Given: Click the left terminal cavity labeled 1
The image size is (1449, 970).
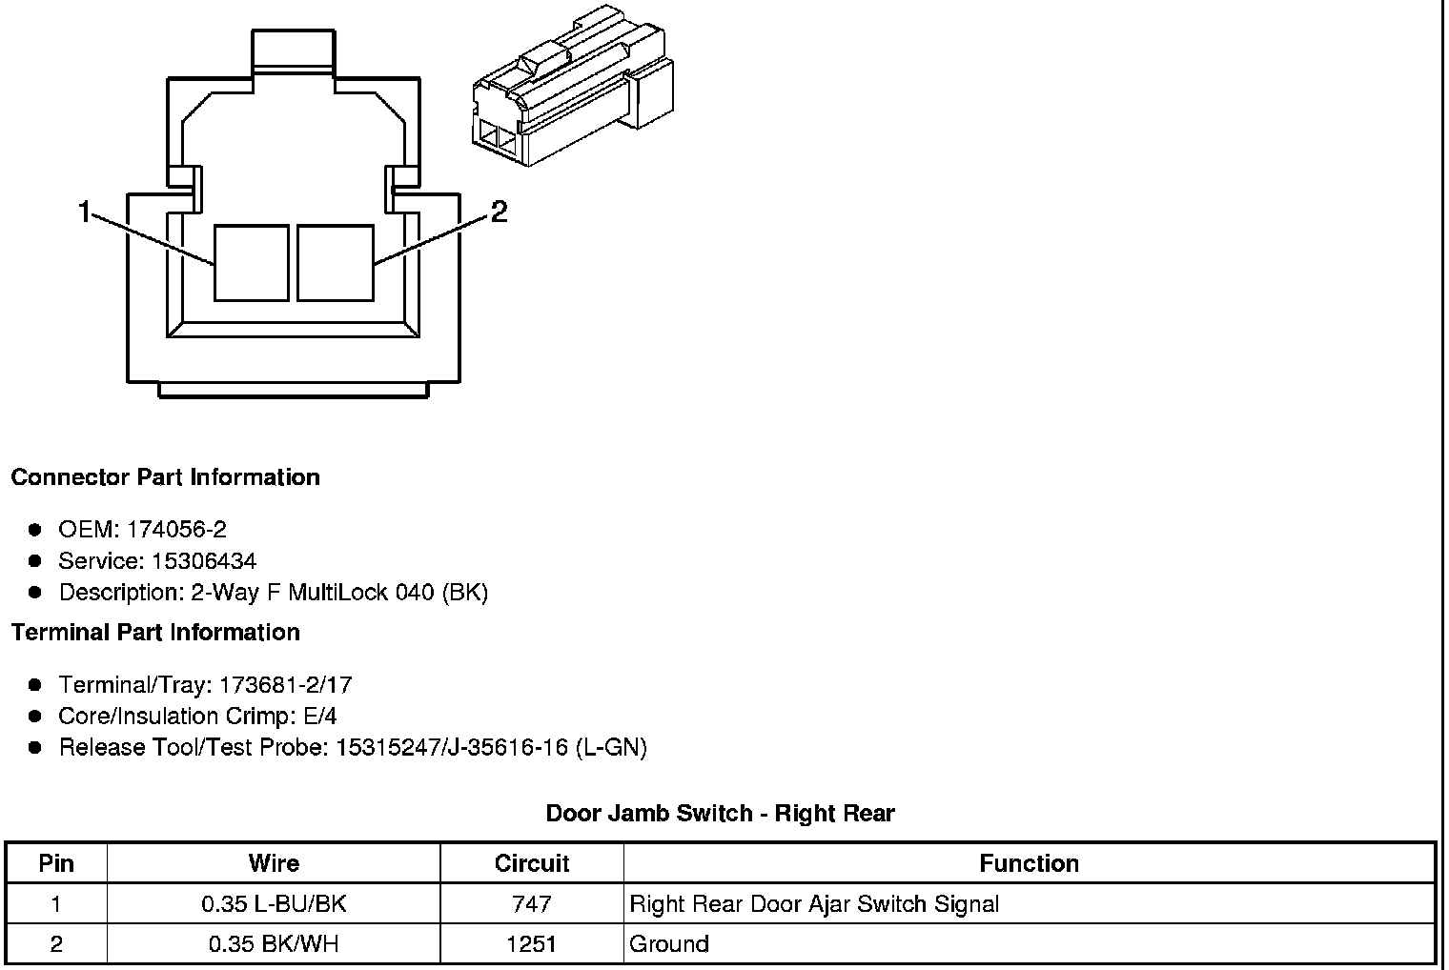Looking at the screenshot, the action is pos(252,263).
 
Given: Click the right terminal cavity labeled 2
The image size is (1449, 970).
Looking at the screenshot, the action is pos(336,263).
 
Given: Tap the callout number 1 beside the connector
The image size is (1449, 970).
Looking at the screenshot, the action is pos(84,212).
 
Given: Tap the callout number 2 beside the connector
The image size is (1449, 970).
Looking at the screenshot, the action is pos(499,212).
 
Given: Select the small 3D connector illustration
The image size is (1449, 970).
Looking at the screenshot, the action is pos(573,86).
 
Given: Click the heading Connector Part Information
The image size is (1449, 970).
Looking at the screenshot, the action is pos(166,477).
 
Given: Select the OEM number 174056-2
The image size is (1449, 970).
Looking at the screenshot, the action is pos(176,530).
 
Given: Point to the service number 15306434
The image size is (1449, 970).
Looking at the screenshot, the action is pos(204,560).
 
